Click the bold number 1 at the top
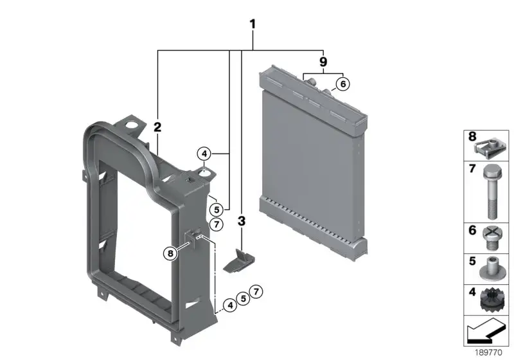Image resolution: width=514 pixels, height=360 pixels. coord(253,24)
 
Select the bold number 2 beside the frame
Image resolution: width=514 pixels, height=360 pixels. coord(157,127)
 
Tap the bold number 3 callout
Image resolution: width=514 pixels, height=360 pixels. coord(242,221)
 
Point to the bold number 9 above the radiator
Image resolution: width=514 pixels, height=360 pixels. coord(323,62)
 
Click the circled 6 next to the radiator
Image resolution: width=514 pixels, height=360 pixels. coord(343,84)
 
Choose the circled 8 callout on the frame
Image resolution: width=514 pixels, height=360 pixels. coord(170,253)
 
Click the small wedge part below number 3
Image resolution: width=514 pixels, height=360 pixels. coord(238,260)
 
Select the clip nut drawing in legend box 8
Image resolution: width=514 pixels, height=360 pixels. coord(491,150)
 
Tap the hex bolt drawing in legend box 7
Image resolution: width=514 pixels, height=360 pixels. coord(491,192)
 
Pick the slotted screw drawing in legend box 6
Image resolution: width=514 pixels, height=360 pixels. coord(491,239)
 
